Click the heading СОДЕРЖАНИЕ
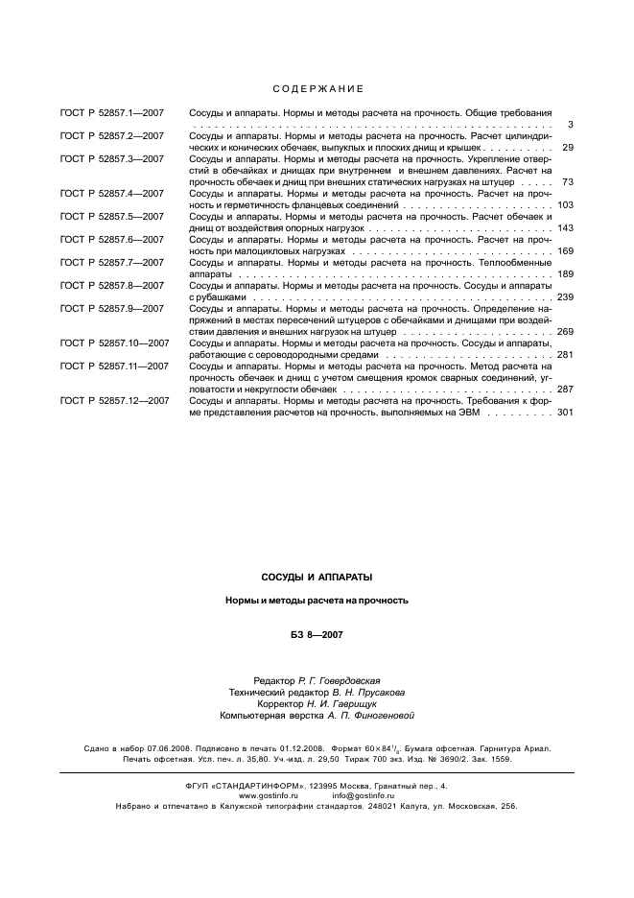[317, 89]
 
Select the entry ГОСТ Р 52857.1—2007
[111, 113]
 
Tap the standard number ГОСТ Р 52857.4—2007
[111, 194]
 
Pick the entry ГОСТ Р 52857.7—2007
[111, 263]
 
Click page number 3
[570, 125]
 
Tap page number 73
[567, 182]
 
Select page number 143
[564, 228]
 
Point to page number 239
[564, 297]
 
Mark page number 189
[564, 274]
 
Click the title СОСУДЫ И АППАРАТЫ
[317, 578]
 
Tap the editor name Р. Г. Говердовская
[346, 680]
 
